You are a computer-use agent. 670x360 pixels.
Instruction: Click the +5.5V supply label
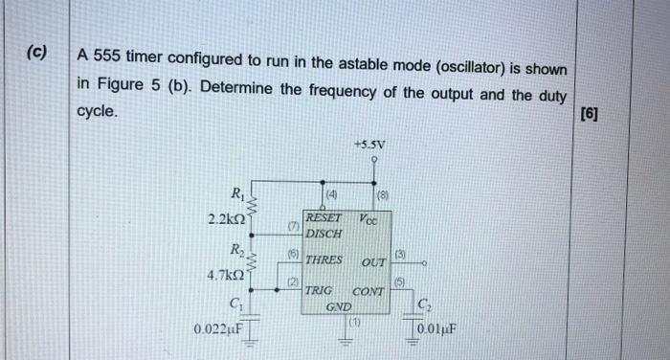point(370,145)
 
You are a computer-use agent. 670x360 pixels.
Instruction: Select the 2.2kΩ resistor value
point(228,219)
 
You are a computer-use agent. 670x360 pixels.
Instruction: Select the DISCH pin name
point(323,232)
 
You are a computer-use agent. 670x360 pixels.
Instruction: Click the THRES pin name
point(323,259)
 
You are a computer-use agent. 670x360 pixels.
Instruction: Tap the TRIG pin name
point(318,291)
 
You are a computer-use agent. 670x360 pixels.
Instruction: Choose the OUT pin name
point(373,262)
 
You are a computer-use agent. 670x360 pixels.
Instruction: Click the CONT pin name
point(368,292)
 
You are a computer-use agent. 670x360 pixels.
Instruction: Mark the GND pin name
point(338,306)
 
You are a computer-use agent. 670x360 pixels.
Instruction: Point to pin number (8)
point(382,199)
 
